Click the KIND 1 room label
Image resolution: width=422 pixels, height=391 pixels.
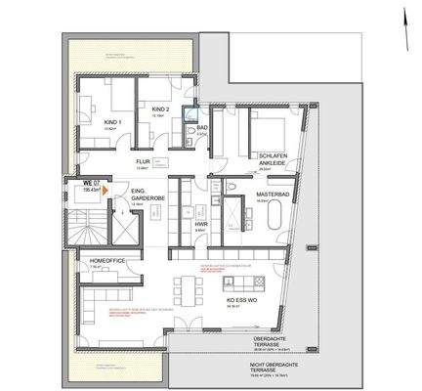pyautogui.click(x=112, y=122)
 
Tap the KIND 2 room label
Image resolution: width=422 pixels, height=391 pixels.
pyautogui.click(x=161, y=109)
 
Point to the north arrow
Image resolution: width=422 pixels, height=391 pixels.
pyautogui.click(x=401, y=19)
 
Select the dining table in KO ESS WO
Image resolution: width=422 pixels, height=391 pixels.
pyautogui.click(x=188, y=286)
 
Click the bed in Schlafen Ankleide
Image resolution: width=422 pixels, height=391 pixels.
pyautogui.click(x=269, y=130)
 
